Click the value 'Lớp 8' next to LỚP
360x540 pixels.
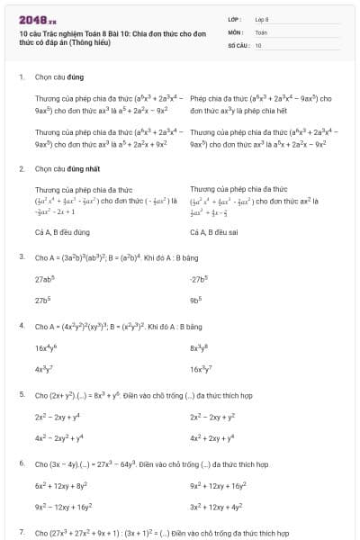click(x=263, y=19)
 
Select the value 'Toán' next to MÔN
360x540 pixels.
click(x=261, y=31)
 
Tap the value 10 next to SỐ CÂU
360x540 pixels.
click(x=258, y=44)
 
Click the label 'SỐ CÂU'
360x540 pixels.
click(x=237, y=44)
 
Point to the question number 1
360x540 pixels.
click(x=21, y=77)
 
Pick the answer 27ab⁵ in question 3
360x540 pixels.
click(x=46, y=279)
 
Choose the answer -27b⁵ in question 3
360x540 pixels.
click(x=200, y=279)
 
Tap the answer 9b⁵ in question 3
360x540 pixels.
click(x=196, y=300)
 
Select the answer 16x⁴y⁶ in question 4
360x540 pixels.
click(x=48, y=346)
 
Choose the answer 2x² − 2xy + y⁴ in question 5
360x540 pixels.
click(x=59, y=417)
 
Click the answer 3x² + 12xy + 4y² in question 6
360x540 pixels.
click(x=218, y=507)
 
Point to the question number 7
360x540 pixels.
click(x=21, y=533)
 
